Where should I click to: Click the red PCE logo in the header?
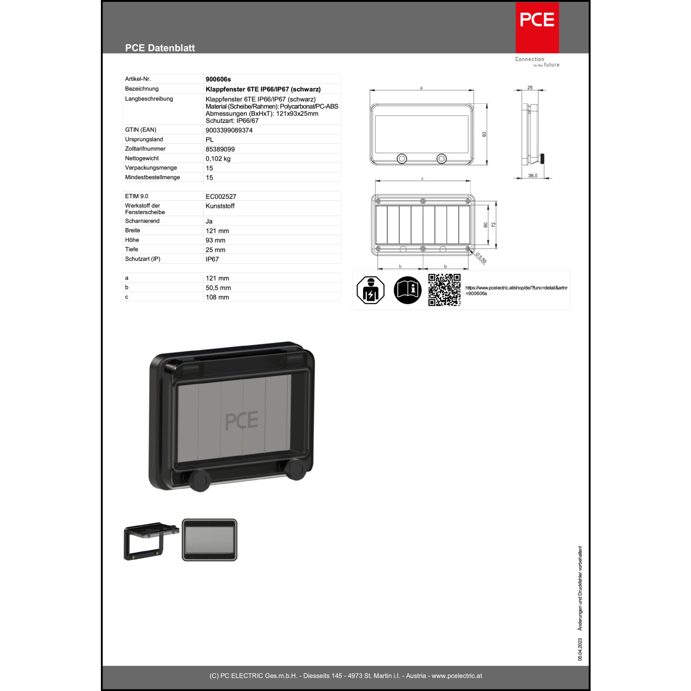pyautogui.click(x=537, y=28)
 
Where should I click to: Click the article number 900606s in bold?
pyautogui.click(x=218, y=79)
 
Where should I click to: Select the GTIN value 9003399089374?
pyautogui.click(x=229, y=130)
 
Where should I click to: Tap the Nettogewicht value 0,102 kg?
pyautogui.click(x=218, y=158)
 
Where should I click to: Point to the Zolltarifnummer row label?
pyautogui.click(x=145, y=149)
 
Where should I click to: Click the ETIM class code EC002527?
pyautogui.click(x=221, y=197)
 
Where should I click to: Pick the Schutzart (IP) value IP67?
pyautogui.click(x=212, y=259)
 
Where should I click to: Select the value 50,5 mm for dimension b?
pyautogui.click(x=218, y=288)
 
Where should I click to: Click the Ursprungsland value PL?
pyautogui.click(x=210, y=140)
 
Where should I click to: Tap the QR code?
pyautogui.click(x=444, y=290)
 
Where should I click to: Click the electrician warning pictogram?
pyautogui.click(x=370, y=290)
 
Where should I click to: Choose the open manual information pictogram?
pyautogui.click(x=408, y=290)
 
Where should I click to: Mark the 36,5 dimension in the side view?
pyautogui.click(x=533, y=176)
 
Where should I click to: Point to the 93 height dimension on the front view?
pyautogui.click(x=484, y=135)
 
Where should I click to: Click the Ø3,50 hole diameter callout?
pyautogui.click(x=480, y=258)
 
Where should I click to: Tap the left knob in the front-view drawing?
pyautogui.click(x=402, y=159)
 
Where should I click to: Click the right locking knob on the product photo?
pyautogui.click(x=295, y=469)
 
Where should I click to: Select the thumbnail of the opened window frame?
pyautogui.click(x=151, y=541)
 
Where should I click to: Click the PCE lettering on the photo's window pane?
pyautogui.click(x=241, y=421)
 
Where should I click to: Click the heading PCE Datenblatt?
pyautogui.click(x=160, y=48)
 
